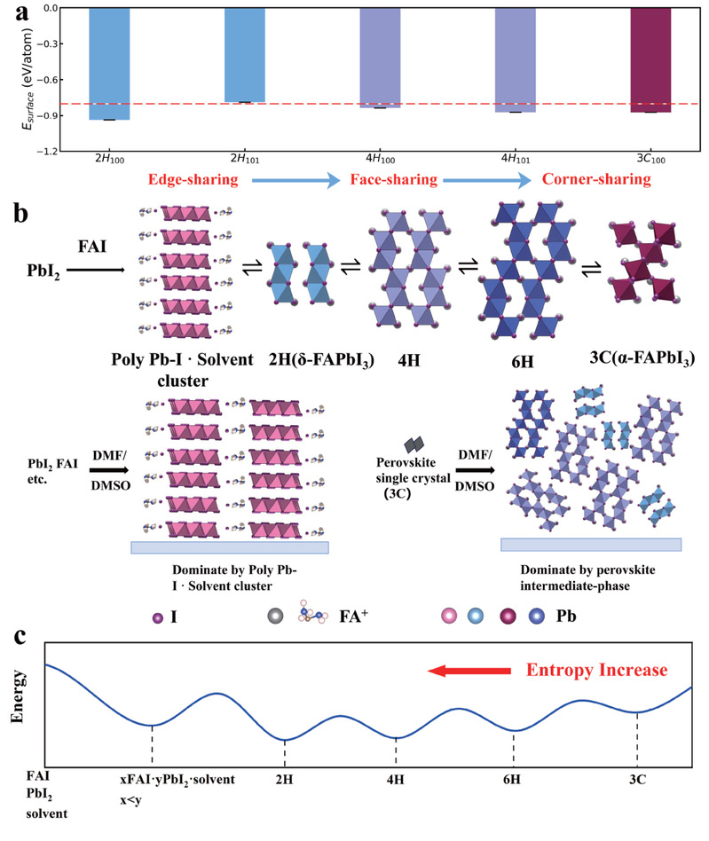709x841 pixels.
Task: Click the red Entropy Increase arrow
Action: [469, 671]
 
